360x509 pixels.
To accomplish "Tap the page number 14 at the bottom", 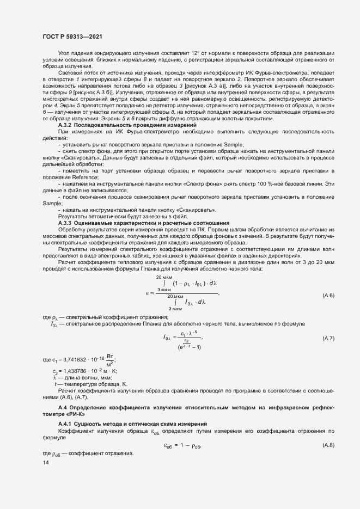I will pos(45,462).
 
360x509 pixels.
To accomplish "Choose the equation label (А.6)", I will pos(328,296).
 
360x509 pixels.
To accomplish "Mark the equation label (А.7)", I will pos(328,339).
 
